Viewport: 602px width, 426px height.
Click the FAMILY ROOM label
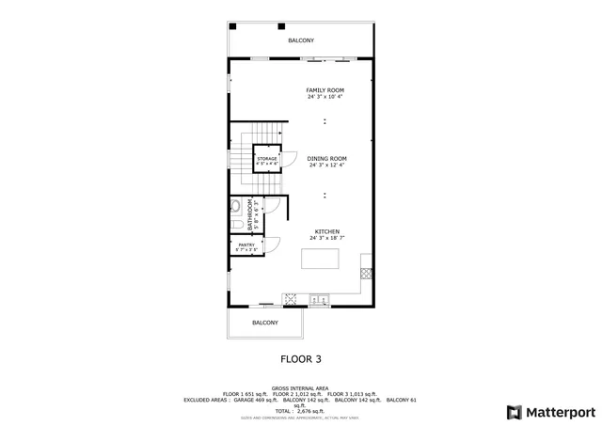pyautogui.click(x=325, y=90)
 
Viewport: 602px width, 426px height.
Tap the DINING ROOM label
pyautogui.click(x=326, y=158)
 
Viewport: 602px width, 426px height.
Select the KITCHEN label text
pyautogui.click(x=326, y=231)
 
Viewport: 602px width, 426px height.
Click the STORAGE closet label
pyautogui.click(x=267, y=159)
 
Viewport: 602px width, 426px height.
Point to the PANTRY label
pyautogui.click(x=246, y=245)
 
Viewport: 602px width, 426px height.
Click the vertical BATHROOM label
pyautogui.click(x=250, y=215)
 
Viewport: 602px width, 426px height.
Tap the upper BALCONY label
pyautogui.click(x=301, y=40)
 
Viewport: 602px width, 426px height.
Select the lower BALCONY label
pyautogui.click(x=265, y=323)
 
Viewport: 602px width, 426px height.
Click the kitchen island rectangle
pyautogui.click(x=320, y=260)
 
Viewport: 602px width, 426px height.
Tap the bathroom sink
pyautogui.click(x=234, y=207)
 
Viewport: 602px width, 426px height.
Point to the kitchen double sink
pyautogui.click(x=320, y=300)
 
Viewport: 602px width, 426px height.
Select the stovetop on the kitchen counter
pyautogui.click(x=291, y=300)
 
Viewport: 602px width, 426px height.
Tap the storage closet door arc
pyautogui.click(x=291, y=159)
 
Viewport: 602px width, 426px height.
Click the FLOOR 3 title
pyautogui.click(x=300, y=358)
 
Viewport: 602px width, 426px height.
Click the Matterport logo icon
pyautogui.click(x=513, y=412)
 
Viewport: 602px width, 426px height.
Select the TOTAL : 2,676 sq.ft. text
pyautogui.click(x=300, y=412)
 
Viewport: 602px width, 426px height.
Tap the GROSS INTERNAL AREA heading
pyautogui.click(x=300, y=387)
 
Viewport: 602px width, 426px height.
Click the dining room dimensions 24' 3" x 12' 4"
pyautogui.click(x=326, y=165)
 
